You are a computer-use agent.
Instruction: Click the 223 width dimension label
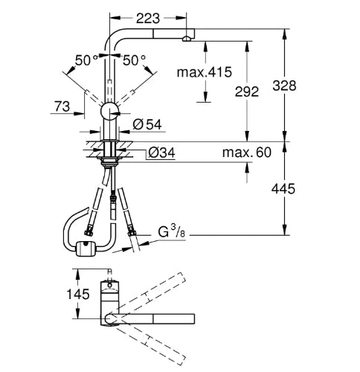click(148, 18)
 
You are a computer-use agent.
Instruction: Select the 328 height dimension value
click(284, 86)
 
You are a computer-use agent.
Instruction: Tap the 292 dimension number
click(247, 92)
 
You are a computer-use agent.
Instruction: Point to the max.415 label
click(205, 72)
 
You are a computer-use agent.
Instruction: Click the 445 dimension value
click(283, 189)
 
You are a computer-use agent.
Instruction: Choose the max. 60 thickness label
click(247, 153)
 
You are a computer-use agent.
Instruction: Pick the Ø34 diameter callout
click(161, 153)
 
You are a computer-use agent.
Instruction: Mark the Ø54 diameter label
click(147, 124)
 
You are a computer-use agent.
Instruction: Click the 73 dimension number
click(62, 106)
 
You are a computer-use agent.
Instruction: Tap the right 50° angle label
click(134, 60)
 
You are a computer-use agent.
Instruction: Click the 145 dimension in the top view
click(78, 294)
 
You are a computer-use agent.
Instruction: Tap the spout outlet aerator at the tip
click(187, 39)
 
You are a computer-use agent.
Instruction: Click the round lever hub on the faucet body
click(110, 111)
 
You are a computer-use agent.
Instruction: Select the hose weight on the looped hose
click(86, 248)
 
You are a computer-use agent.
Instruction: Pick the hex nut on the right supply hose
click(131, 234)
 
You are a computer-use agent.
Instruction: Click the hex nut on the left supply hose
click(89, 233)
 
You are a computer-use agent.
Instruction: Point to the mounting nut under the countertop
click(109, 161)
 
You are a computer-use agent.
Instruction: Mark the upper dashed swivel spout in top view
click(149, 293)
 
